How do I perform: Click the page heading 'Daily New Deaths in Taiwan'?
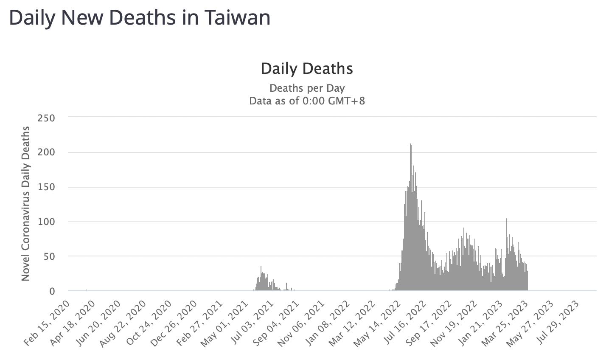pyautogui.click(x=140, y=19)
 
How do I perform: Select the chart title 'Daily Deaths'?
pyautogui.click(x=307, y=69)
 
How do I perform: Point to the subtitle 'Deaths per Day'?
pyautogui.click(x=307, y=88)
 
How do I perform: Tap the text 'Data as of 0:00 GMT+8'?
pyautogui.click(x=307, y=101)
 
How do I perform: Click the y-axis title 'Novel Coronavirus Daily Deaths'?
pyautogui.click(x=25, y=203)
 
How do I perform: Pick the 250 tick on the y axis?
pyautogui.click(x=47, y=118)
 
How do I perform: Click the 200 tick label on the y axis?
pyautogui.click(x=47, y=152)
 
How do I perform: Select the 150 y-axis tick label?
pyautogui.click(x=47, y=187)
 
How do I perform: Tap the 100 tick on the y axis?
pyautogui.click(x=47, y=222)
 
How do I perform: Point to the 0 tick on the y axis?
pyautogui.click(x=52, y=291)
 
